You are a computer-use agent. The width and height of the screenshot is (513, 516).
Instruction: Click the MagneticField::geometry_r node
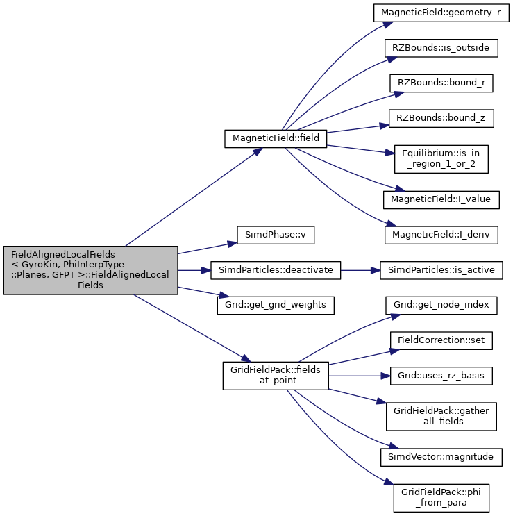[x=441, y=13]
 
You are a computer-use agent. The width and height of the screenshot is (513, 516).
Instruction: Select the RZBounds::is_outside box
[x=441, y=48]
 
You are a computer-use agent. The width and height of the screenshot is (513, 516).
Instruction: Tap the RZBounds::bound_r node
[x=441, y=83]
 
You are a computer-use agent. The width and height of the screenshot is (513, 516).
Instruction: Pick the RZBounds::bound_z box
[x=441, y=119]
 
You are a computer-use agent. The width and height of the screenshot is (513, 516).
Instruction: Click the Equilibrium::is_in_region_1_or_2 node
[x=441, y=159]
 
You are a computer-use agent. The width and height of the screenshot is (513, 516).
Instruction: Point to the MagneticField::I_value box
[x=441, y=200]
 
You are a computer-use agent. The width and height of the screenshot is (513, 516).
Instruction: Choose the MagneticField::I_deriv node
[x=441, y=235]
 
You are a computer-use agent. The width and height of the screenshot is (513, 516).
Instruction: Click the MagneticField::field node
[x=276, y=138]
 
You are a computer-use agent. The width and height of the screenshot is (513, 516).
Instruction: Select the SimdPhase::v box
[x=276, y=235]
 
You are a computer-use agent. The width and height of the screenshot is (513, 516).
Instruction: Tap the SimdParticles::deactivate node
[x=276, y=271]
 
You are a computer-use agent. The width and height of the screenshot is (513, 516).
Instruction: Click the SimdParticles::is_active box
[x=441, y=271]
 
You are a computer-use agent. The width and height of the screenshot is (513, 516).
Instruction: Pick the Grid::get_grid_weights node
[x=276, y=306]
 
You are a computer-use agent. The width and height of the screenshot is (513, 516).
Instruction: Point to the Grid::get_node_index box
[x=441, y=306]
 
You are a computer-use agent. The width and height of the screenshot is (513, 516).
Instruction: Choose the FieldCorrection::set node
[x=441, y=340]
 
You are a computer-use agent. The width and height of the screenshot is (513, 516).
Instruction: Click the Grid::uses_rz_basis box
[x=441, y=376]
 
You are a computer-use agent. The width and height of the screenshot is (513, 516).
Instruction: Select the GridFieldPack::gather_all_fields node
[x=441, y=416]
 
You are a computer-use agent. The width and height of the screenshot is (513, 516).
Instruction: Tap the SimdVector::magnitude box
[x=441, y=457]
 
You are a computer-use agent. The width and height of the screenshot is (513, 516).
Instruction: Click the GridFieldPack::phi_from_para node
[x=441, y=498]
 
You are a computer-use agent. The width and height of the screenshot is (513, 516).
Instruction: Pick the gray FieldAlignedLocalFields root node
[x=91, y=270]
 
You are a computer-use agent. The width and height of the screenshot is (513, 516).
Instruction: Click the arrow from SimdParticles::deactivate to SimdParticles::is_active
[x=360, y=271]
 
